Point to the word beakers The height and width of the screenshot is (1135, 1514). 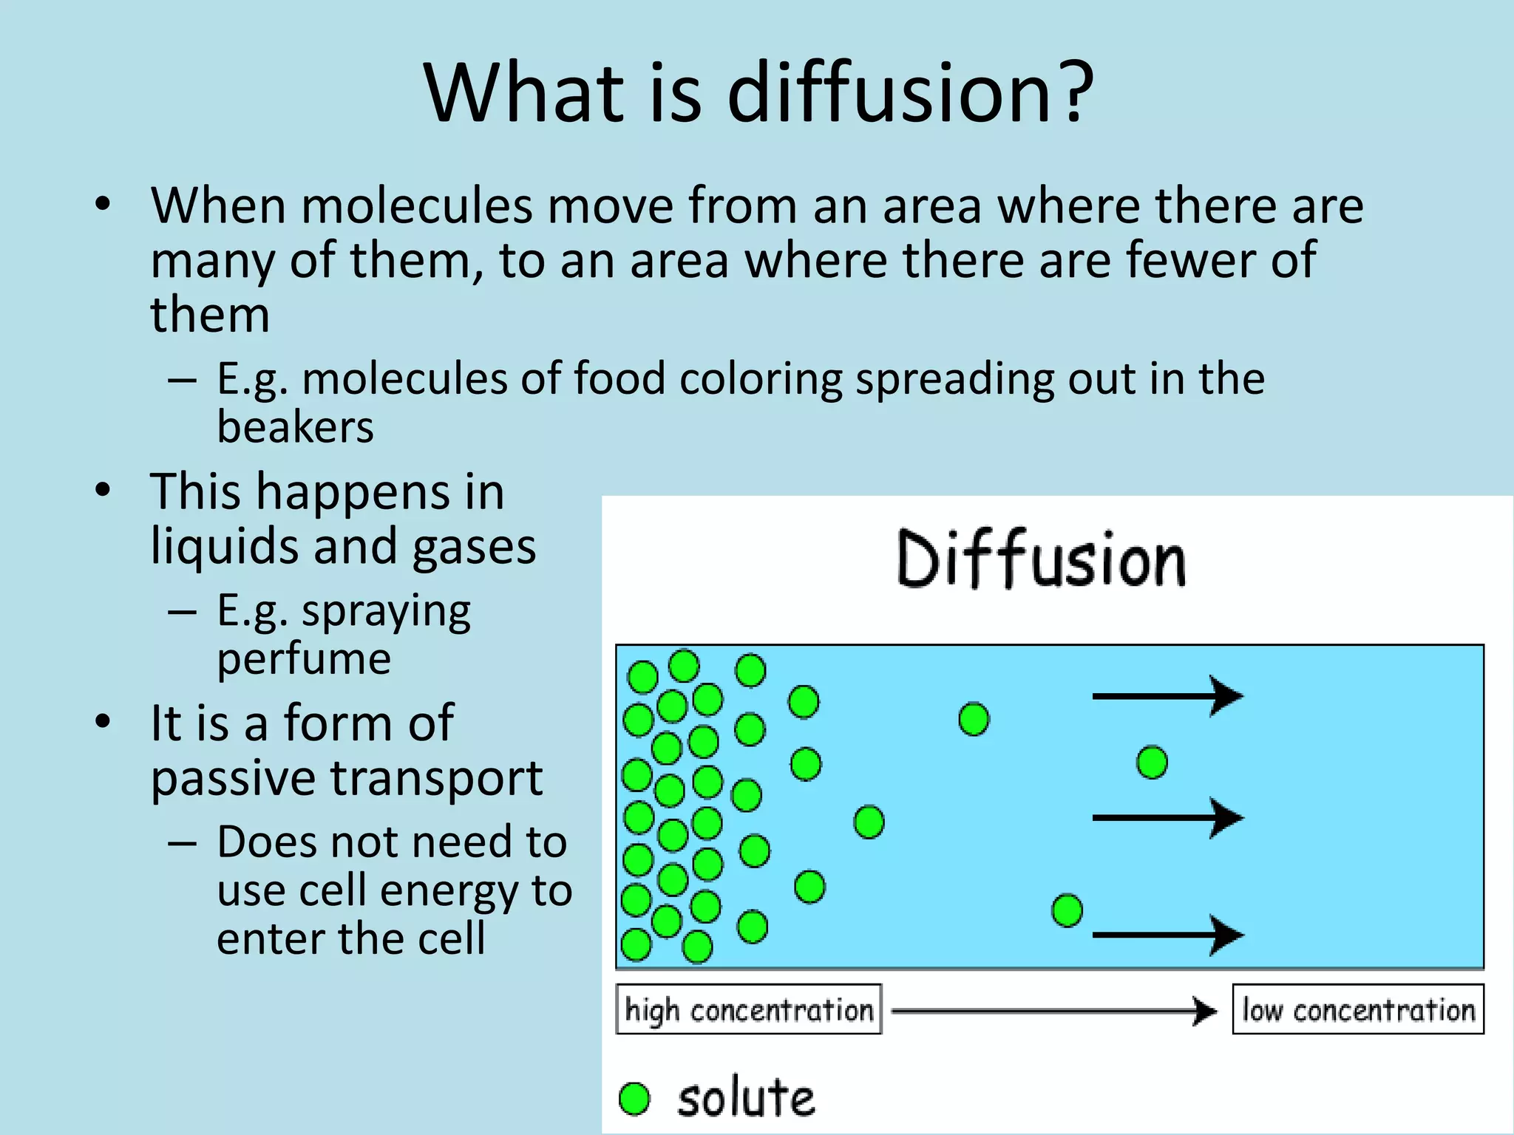point(295,427)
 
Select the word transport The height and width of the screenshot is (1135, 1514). point(436,778)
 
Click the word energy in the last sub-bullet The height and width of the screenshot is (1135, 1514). point(444,890)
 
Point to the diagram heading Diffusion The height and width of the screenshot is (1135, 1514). point(1041,559)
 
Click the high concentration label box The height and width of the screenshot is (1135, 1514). point(748,1009)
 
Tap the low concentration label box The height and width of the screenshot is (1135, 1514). point(1357,1009)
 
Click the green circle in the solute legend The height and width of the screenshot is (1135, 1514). point(634,1099)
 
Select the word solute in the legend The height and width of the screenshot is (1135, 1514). point(746,1099)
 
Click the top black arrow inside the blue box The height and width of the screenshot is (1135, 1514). point(1167,695)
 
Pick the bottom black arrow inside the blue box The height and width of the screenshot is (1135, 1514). point(1167,935)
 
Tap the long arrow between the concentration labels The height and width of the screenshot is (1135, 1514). point(1053,1010)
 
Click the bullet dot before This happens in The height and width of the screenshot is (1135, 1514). point(103,491)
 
